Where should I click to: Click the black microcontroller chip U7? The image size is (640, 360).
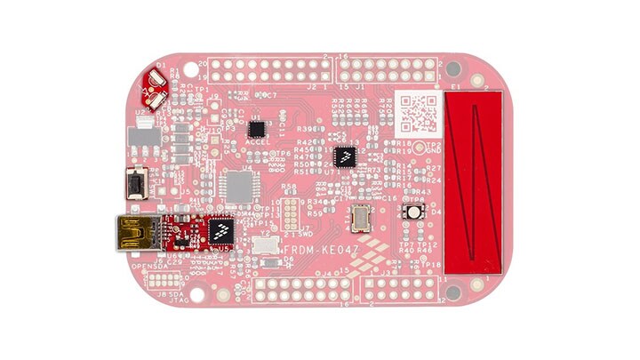[x=344, y=157]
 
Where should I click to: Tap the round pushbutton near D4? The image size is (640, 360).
[x=414, y=212]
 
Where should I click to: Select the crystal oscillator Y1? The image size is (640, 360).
[x=362, y=216]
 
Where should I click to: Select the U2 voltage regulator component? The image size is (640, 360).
[x=140, y=138]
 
